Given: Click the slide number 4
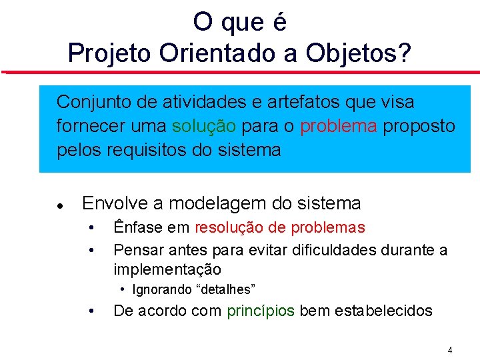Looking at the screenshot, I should coord(450,350).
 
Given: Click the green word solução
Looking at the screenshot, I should coord(204,126).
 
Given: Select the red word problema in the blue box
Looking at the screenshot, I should coord(338,126).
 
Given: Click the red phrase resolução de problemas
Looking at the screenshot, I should coord(280,227).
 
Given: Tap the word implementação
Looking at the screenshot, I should coord(167,269).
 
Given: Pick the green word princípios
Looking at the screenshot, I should coord(261,311).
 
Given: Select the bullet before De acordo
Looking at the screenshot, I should coord(91,311).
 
